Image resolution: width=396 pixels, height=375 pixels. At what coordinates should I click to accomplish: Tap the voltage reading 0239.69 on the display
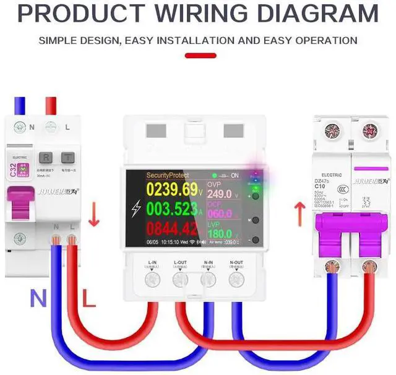click(163, 189)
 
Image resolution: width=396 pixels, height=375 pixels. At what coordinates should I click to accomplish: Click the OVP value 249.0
click(219, 194)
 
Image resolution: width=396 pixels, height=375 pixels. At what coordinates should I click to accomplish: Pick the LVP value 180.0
click(219, 234)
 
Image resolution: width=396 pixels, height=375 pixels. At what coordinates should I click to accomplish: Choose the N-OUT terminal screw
click(236, 280)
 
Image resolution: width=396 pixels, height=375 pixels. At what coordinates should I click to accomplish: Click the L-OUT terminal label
click(180, 262)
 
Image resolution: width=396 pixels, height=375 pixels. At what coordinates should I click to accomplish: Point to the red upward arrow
click(300, 215)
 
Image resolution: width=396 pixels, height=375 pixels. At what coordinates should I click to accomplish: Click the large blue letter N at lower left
click(38, 300)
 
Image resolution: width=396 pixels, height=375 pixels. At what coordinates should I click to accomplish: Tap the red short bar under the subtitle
click(200, 56)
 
